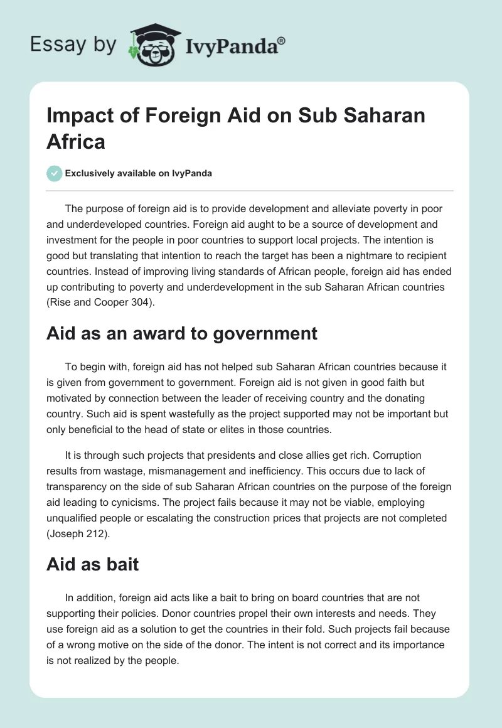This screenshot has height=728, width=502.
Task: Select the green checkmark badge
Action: [x=55, y=173]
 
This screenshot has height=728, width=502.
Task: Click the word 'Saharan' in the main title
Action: [x=376, y=115]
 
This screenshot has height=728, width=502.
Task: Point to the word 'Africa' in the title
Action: [x=75, y=141]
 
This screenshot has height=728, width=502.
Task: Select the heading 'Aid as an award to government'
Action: [x=182, y=333]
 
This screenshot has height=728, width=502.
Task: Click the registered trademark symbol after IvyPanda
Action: [x=282, y=41]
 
